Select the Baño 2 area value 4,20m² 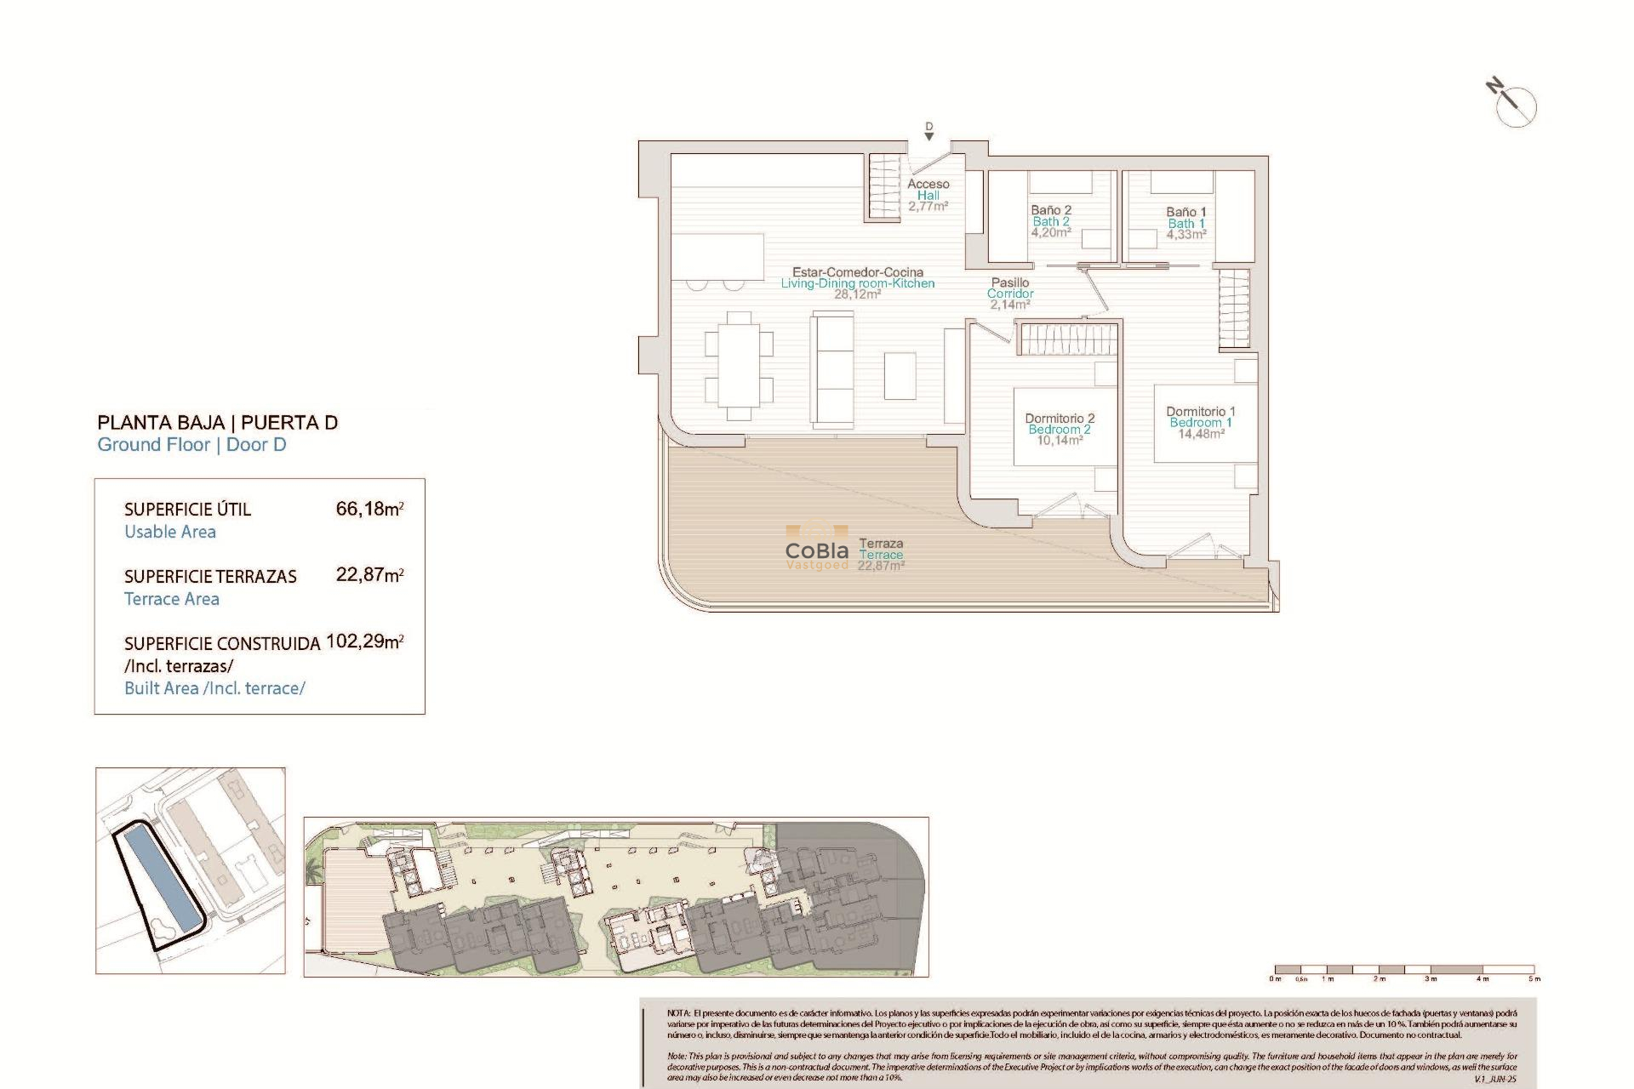click(x=1051, y=232)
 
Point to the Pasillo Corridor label click(x=1010, y=288)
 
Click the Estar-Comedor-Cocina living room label click(x=858, y=278)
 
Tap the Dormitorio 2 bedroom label click(x=1060, y=424)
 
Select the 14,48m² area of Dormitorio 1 click(x=1201, y=434)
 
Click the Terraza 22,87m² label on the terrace click(x=881, y=555)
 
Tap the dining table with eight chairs click(x=739, y=367)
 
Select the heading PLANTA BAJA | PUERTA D click(x=217, y=423)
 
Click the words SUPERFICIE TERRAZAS click(x=210, y=577)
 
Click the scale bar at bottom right click(x=1404, y=969)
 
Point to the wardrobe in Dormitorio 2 click(x=1067, y=339)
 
